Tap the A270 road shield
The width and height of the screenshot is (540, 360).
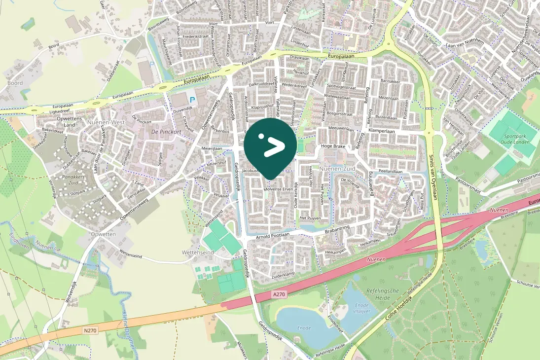click(x=279, y=294)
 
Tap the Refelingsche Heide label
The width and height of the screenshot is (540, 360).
click(x=382, y=294)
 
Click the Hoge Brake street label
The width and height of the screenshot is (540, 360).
click(x=333, y=146)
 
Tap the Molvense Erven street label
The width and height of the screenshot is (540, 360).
click(x=279, y=189)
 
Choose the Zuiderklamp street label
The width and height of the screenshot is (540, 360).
click(x=284, y=273)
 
